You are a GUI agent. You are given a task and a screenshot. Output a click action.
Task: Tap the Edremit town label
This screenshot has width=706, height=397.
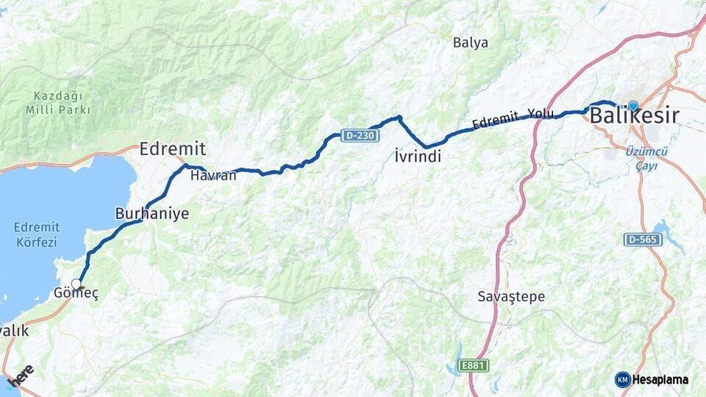coord(172,149)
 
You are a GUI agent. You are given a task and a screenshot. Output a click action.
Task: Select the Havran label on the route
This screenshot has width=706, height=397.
coord(213,176)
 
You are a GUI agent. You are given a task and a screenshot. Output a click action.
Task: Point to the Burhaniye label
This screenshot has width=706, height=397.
coord(151,214)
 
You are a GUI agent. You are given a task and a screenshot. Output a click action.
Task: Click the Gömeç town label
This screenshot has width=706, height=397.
coord(76,293)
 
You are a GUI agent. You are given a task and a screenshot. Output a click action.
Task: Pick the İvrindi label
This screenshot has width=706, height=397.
coord(417,157)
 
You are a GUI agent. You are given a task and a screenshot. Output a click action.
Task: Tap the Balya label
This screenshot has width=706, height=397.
coord(471,43)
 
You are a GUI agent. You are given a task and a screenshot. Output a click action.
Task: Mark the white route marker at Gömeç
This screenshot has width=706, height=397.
coord(76,282)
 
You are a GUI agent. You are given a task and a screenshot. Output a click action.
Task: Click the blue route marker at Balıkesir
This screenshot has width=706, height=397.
coord(633,106)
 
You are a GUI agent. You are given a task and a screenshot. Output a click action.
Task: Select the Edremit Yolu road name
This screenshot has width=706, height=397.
coord(513,118)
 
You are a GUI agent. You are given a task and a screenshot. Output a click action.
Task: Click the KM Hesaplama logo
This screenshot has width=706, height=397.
coord(651,379)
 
